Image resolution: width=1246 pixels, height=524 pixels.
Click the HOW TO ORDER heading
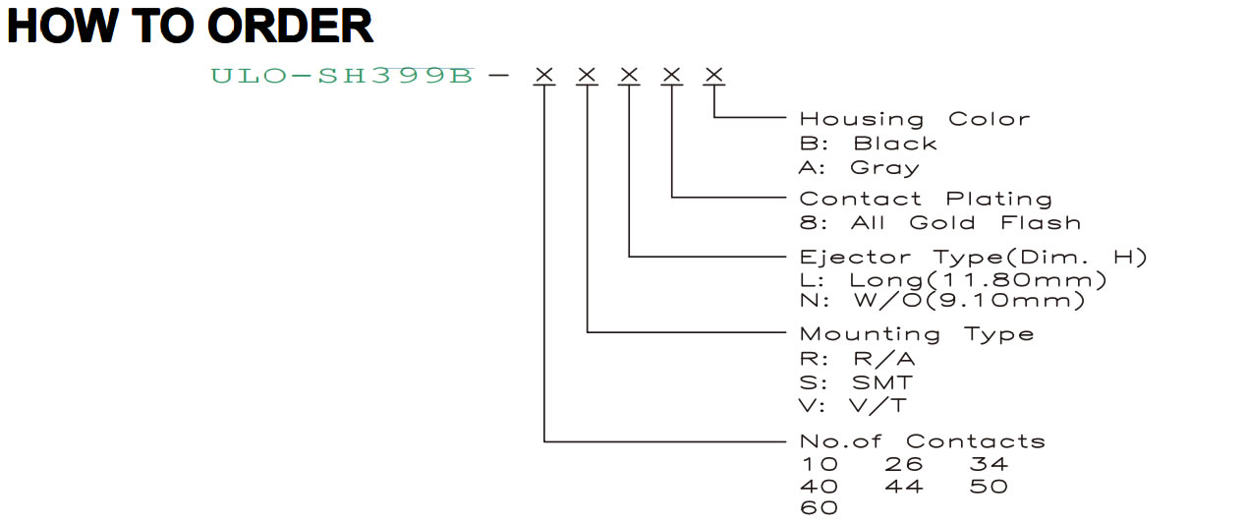(190, 27)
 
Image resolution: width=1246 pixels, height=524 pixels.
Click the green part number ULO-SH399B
(342, 76)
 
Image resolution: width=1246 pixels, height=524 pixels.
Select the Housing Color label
(915, 119)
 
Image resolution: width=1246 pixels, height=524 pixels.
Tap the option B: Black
(869, 144)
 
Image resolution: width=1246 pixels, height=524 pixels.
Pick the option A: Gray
(860, 168)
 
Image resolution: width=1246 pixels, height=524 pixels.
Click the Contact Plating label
(926, 200)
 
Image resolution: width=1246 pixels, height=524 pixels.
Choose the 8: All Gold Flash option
(940, 223)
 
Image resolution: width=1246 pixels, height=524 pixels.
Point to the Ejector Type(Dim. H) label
(974, 257)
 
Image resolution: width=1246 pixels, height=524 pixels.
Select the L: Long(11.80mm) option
(953, 280)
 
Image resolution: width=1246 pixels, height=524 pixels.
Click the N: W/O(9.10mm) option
(942, 301)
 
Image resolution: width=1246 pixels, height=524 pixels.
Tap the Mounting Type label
(917, 334)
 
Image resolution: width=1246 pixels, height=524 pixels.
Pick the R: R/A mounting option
(857, 359)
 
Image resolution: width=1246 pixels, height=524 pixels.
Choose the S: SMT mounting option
(856, 382)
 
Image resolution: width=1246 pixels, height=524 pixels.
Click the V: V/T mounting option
(853, 405)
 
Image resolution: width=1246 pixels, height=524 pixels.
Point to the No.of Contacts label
(923, 441)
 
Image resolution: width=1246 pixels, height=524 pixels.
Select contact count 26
(904, 464)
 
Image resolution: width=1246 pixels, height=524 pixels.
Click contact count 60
(819, 508)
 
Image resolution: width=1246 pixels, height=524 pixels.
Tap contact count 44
(904, 487)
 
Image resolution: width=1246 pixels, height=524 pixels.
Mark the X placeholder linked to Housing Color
(713, 75)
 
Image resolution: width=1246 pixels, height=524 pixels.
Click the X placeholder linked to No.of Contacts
(544, 75)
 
